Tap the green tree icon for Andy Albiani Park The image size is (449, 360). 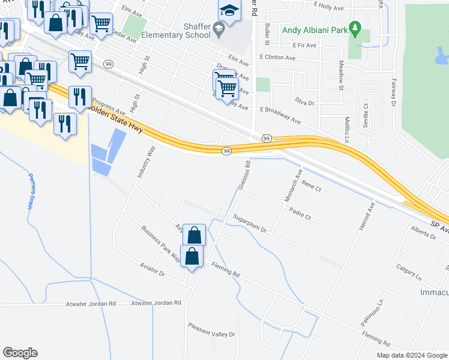click(x=355, y=28)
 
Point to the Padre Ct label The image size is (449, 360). click(x=300, y=213)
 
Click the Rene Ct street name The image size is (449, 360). click(x=312, y=187)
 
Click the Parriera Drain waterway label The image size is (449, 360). click(x=29, y=190)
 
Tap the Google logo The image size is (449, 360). click(x=20, y=353)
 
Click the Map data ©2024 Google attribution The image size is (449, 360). click(x=411, y=355)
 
